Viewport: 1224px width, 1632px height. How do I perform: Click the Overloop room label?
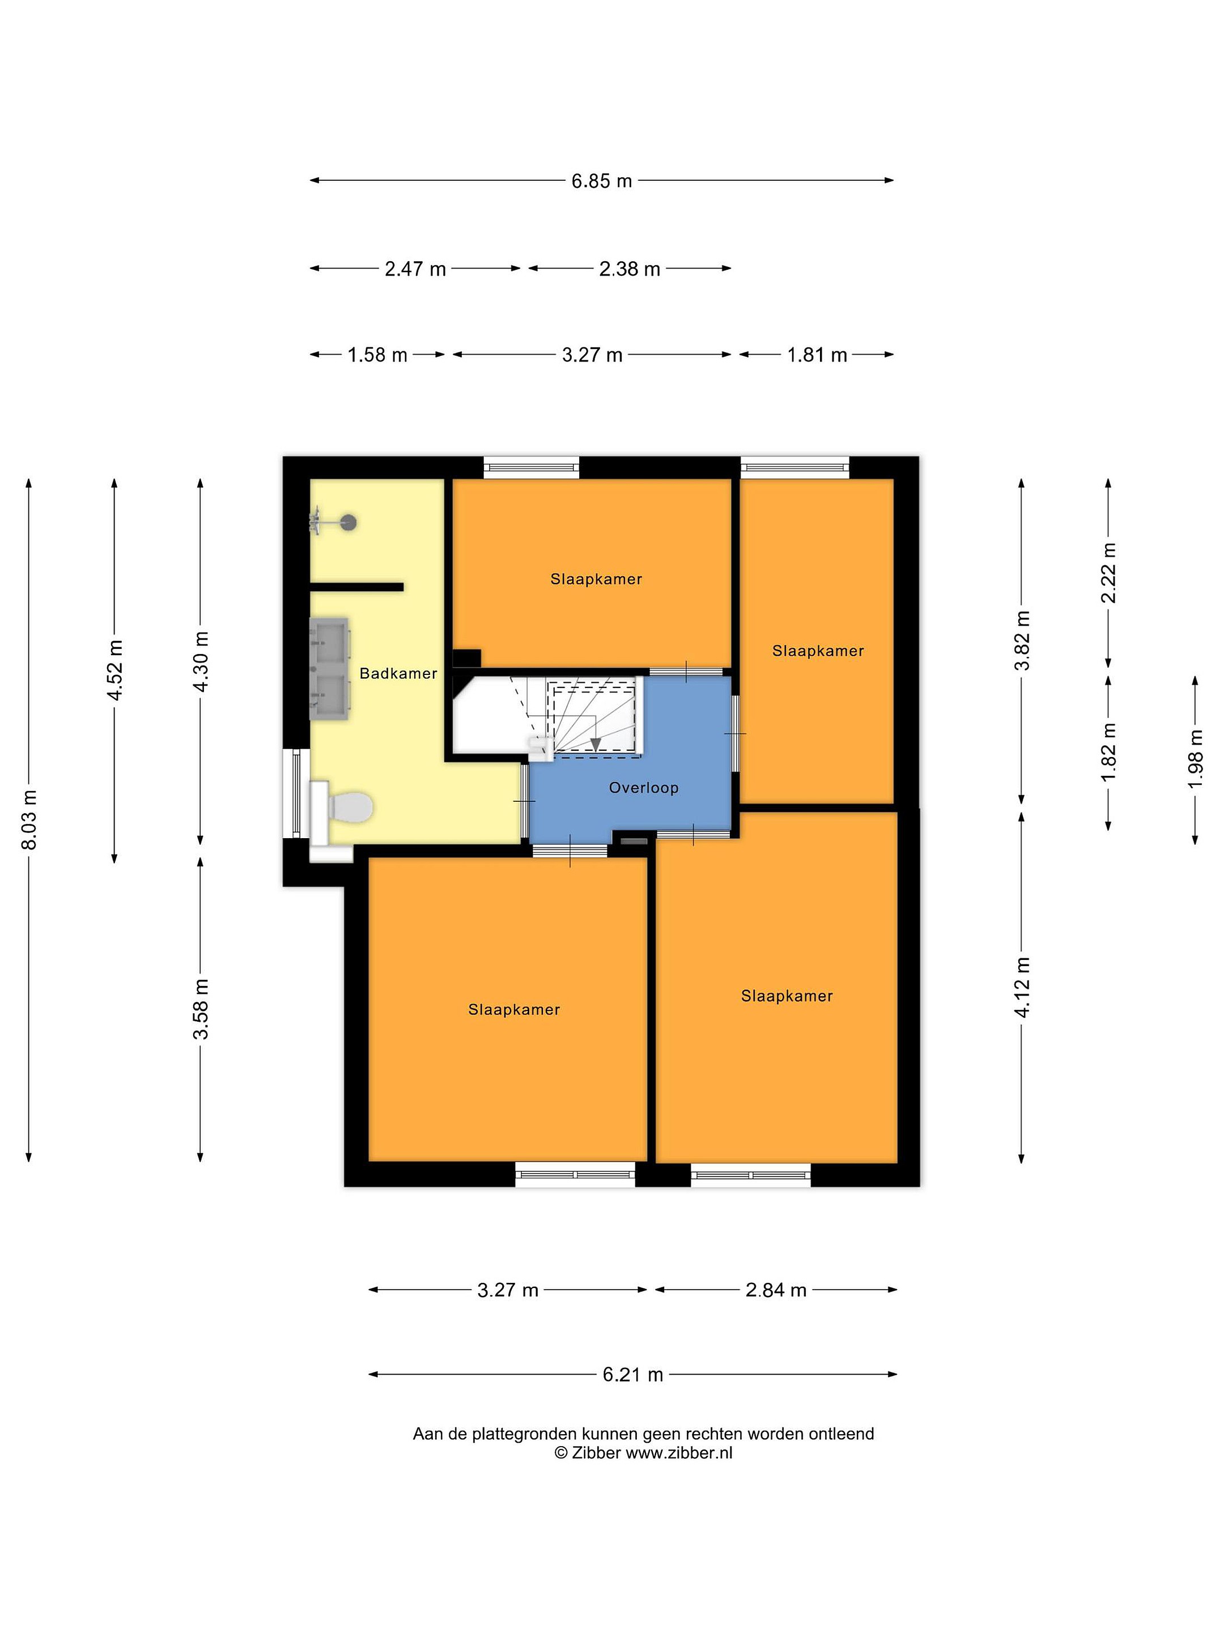[x=643, y=788]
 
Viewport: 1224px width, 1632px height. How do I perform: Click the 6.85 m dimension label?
[x=601, y=181]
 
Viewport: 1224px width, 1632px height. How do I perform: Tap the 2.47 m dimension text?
[x=415, y=269]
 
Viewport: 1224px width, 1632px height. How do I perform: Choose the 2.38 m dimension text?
[x=630, y=269]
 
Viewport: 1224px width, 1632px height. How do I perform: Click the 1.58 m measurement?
[x=378, y=355]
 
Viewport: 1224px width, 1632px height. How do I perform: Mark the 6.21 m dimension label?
[x=633, y=1375]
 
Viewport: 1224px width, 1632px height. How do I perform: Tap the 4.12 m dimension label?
[x=1022, y=987]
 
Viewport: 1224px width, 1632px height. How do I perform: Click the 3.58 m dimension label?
[x=201, y=1009]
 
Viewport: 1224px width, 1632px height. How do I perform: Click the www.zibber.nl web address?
[x=679, y=1453]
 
